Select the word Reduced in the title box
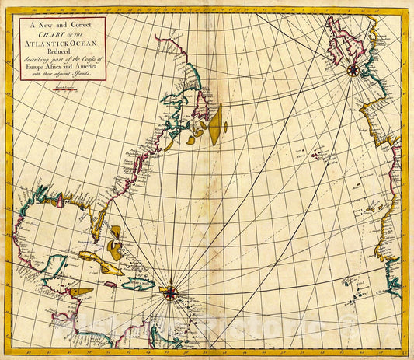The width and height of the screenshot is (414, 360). (x=62, y=51)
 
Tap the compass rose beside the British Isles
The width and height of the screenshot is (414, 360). (x=353, y=69)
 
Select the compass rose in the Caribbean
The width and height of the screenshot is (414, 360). (x=169, y=292)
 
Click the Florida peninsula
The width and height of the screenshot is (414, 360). (x=99, y=229)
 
